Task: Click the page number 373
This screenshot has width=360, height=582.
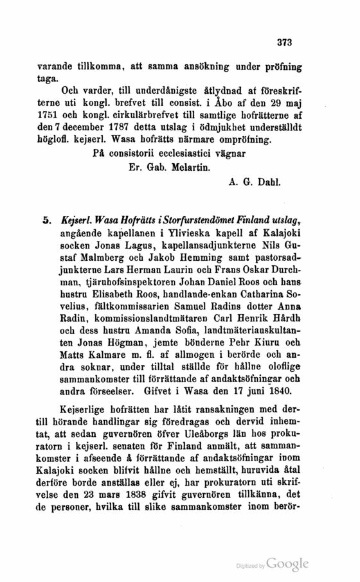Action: pyautogui.click(x=283, y=43)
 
